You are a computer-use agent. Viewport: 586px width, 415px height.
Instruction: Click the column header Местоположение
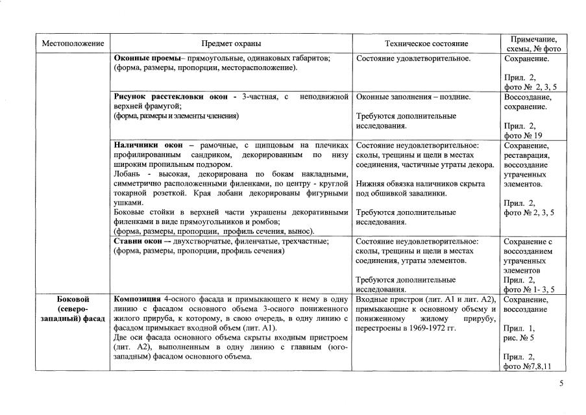pos(73,44)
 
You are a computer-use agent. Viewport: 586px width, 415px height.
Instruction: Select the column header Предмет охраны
pos(231,44)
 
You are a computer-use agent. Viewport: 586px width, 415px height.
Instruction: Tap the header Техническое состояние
pos(426,44)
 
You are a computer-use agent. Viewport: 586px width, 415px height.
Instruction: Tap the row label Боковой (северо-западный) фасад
pos(73,308)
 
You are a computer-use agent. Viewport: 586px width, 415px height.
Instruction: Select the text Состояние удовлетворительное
pos(413,58)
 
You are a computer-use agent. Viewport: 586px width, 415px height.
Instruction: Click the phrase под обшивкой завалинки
pos(398,194)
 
